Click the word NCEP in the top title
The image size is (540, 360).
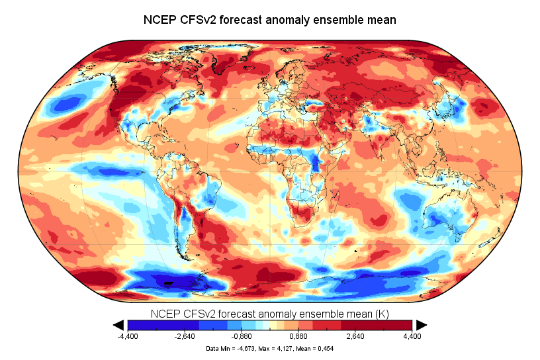159,20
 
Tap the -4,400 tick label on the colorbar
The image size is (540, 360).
128,336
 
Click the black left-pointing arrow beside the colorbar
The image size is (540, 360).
119,324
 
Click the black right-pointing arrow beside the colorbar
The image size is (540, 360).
421,324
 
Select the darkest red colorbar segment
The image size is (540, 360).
397,324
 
